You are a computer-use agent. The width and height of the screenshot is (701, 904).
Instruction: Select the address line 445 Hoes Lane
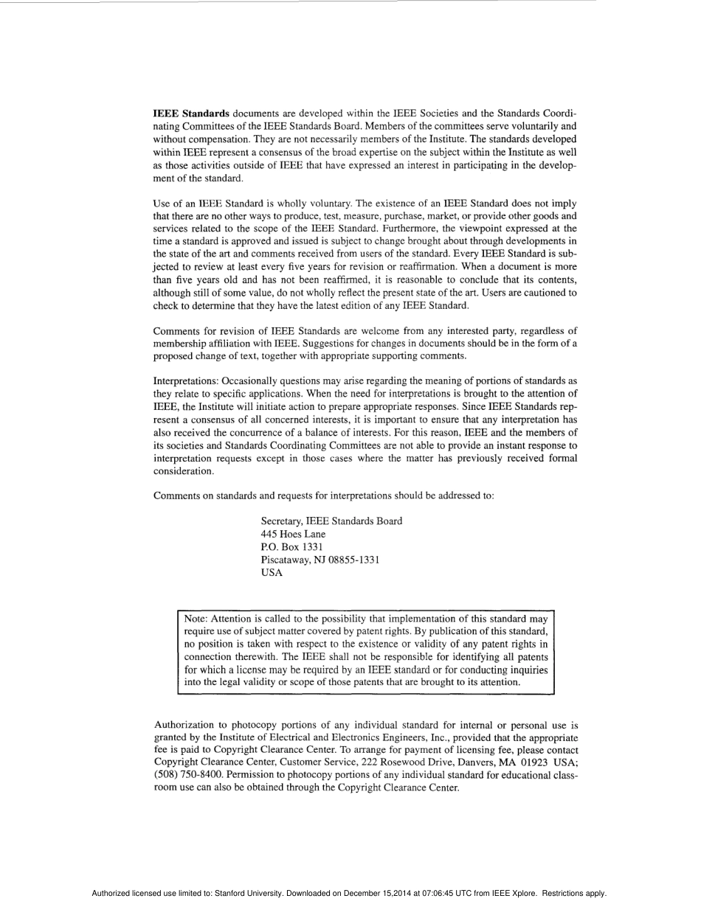[x=293, y=534]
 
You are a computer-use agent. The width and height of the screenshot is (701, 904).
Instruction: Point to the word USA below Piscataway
[x=272, y=574]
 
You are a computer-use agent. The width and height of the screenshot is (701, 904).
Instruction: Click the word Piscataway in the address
[x=288, y=560]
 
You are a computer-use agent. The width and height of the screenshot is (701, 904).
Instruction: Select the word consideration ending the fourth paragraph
[x=183, y=471]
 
